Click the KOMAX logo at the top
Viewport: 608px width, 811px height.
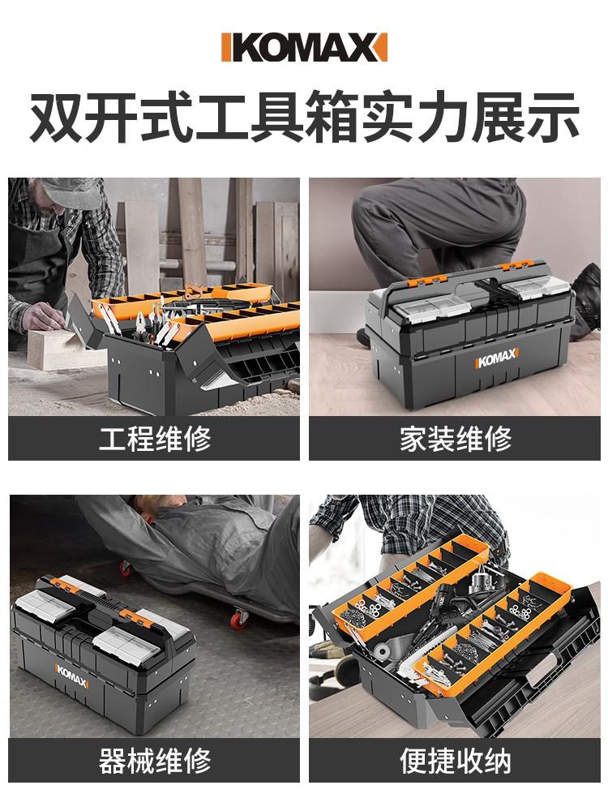pyautogui.click(x=304, y=47)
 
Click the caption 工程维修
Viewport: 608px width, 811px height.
pyautogui.click(x=154, y=439)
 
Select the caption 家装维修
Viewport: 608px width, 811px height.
pyautogui.click(x=455, y=439)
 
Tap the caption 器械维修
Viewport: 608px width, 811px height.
pyautogui.click(x=154, y=761)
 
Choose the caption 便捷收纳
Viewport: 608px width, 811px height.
pyautogui.click(x=455, y=761)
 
